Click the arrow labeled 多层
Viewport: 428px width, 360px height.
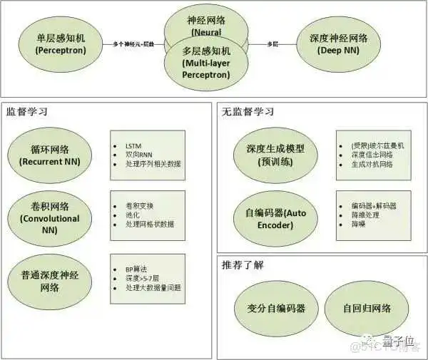272,44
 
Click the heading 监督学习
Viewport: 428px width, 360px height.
26,112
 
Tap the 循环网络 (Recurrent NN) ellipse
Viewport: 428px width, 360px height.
49,155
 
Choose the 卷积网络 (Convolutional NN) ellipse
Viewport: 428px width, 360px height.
49,213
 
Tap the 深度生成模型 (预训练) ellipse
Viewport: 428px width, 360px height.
270,155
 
